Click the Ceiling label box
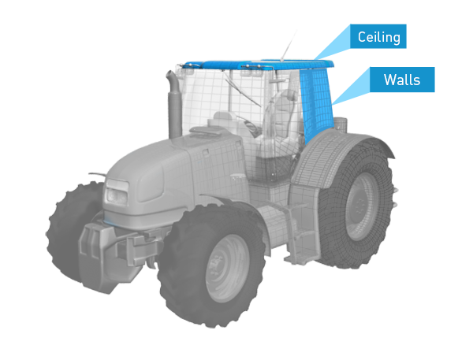point(378,36)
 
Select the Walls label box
point(402,80)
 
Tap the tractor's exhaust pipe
point(174,104)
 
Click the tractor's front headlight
point(117,192)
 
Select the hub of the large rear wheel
point(361,206)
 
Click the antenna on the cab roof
point(289,45)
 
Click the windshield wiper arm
point(241,89)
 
